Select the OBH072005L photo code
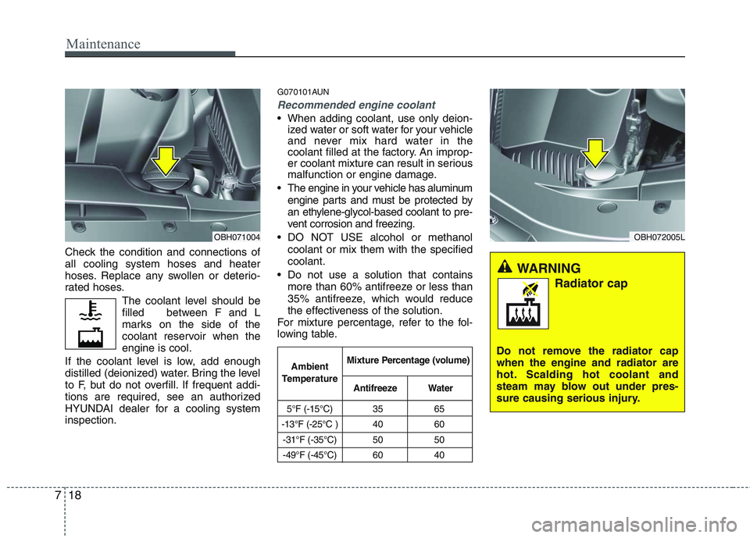pyautogui.click(x=658, y=237)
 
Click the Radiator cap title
pyautogui.click(x=590, y=283)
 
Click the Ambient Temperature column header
pyautogui.click(x=309, y=372)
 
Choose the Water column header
pyautogui.click(x=441, y=387)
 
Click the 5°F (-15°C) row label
pyautogui.click(x=309, y=408)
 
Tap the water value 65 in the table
pyautogui.click(x=441, y=408)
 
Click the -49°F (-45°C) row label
pyautogui.click(x=309, y=455)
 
